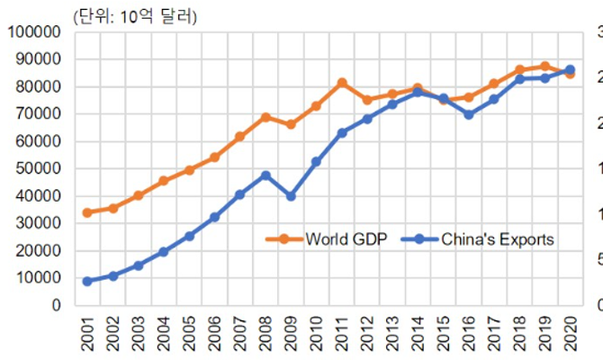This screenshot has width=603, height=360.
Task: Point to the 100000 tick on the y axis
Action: [32, 32]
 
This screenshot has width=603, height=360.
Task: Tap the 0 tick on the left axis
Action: [56, 305]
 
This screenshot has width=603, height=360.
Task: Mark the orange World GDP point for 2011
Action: [342, 83]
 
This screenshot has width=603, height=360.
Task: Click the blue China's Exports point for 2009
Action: [291, 196]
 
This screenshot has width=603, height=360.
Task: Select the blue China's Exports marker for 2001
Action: [87, 282]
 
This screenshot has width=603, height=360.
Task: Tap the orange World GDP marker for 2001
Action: [87, 213]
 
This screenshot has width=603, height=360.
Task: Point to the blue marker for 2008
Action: [265, 175]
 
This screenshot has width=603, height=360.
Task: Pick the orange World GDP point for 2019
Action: [544, 67]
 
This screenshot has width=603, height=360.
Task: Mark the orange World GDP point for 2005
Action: [189, 170]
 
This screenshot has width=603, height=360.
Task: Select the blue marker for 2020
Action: [570, 70]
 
